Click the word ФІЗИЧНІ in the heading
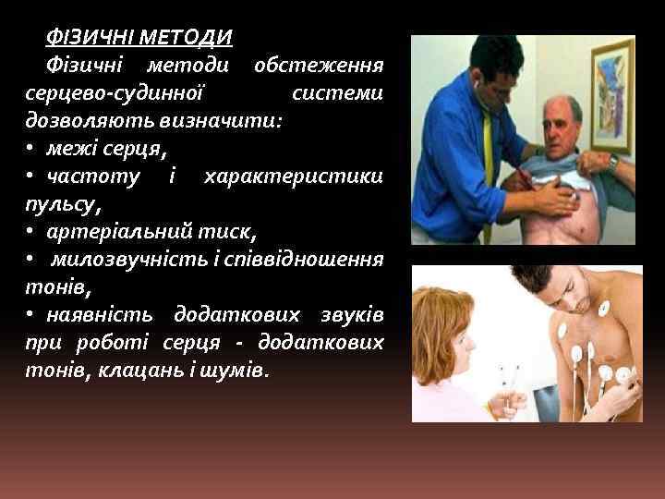pyautogui.click(x=91, y=39)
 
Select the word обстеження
pyautogui.click(x=319, y=67)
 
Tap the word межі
pyautogui.click(x=70, y=148)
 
